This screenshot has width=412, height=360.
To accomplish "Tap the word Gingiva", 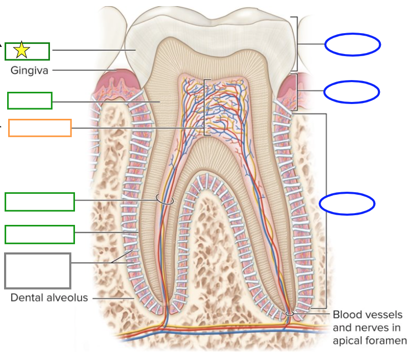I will tap(30, 70).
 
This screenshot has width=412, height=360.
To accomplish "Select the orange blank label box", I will tap(40, 128).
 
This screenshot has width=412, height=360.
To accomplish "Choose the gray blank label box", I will tap(38, 271).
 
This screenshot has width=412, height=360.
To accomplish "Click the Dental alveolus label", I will tap(49, 297).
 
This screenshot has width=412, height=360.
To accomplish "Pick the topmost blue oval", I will tap(352, 45).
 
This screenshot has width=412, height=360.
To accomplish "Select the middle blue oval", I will tap(351, 92).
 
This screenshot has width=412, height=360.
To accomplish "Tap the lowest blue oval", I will tap(347, 203).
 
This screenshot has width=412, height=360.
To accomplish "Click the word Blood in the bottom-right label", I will tap(347, 315).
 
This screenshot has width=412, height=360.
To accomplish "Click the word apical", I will tap(349, 340).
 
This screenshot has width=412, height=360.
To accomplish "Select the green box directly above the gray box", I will tap(40, 235).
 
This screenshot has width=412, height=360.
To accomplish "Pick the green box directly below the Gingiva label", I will tap(30, 100).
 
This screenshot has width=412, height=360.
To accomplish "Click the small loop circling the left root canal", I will tap(165, 200).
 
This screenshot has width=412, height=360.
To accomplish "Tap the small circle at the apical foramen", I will tap(289, 314).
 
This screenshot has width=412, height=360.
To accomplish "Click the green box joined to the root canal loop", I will tap(40, 202).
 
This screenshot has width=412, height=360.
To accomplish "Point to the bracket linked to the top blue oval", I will tap(296, 44).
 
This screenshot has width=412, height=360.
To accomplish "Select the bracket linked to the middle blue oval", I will tap(296, 92).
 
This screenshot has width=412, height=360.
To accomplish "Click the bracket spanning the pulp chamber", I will tap(205, 107).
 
